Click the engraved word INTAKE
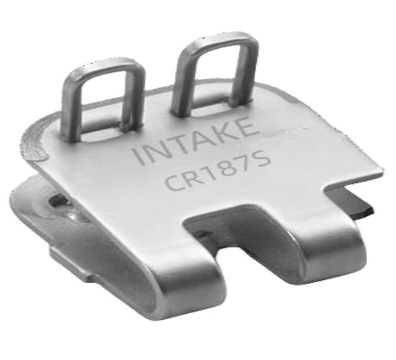[x=196, y=141]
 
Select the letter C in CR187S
[x=174, y=182]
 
